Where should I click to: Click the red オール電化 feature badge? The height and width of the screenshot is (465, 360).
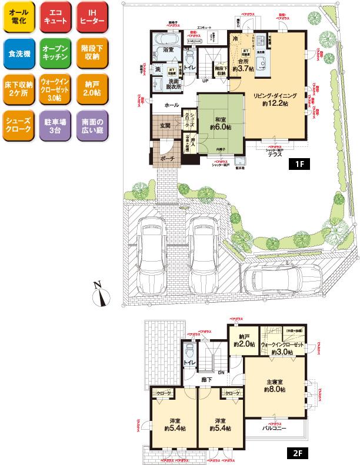(x=19, y=19)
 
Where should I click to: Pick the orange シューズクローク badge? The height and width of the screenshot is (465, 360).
(x=19, y=125)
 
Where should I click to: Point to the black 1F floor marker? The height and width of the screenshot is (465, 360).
(x=299, y=164)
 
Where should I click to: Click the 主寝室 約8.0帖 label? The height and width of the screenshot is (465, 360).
(x=275, y=385)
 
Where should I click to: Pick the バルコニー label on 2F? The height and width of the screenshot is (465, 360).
(x=274, y=429)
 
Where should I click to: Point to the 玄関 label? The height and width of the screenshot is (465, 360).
(x=164, y=125)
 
